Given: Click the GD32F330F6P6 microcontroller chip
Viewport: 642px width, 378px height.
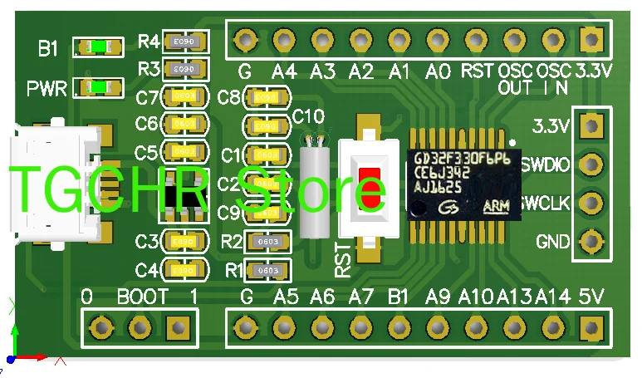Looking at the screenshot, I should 464,184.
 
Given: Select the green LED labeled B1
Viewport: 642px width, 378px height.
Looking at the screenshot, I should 99,47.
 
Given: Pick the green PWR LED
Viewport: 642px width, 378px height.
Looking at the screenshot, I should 99,86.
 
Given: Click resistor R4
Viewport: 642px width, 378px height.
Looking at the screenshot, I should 184,40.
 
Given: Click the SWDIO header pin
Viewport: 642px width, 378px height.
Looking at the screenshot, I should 591,164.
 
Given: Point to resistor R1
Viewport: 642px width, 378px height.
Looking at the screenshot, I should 267,270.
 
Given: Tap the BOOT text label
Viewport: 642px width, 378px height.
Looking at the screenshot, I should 143,297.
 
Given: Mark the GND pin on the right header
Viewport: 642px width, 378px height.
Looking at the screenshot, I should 591,242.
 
